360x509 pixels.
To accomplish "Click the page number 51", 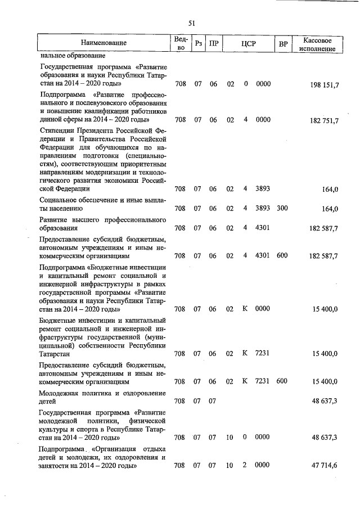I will (191, 23).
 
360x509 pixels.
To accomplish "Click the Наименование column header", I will (103, 43).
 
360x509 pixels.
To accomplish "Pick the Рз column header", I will (198, 43).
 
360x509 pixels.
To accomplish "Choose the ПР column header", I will (213, 43).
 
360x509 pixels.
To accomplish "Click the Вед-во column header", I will (180, 43).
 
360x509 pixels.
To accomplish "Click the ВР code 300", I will (282, 209).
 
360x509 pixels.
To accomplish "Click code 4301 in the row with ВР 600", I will (263, 256).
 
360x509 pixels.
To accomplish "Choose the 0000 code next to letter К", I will (263, 309).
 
